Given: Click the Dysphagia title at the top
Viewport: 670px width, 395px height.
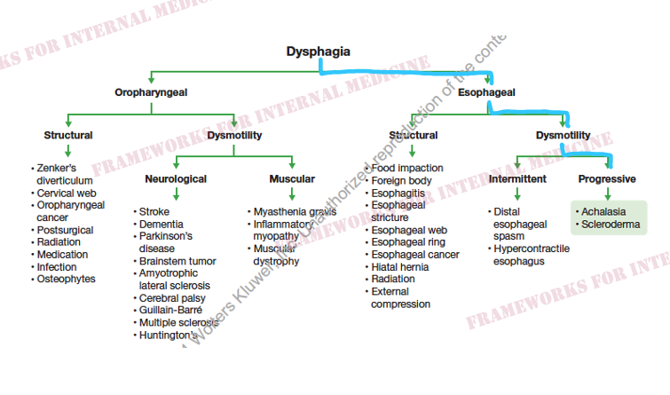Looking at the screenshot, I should point(318,52).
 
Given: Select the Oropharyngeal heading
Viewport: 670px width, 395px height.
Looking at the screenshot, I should point(151,91).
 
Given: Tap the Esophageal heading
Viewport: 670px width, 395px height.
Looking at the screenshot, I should point(486,91).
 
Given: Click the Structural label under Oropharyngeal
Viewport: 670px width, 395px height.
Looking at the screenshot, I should point(68,136).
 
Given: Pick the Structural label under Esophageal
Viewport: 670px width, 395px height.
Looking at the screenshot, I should point(413,136).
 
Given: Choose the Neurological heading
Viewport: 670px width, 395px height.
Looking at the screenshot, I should point(176,179).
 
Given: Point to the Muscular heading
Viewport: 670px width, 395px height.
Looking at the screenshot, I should point(292,179).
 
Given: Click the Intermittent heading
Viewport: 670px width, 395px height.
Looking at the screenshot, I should point(518,179).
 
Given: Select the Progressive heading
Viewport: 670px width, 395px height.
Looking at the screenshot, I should point(607,179).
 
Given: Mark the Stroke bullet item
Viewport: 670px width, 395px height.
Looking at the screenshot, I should point(154,212).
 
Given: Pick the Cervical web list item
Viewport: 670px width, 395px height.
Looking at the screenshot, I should point(66,193).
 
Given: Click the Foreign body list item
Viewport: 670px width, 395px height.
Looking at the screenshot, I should point(402,180).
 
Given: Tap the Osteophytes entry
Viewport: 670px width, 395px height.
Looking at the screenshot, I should point(66,279).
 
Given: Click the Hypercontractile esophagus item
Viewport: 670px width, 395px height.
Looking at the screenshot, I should point(531,255).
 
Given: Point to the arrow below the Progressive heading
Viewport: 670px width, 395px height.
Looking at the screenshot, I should point(607,194).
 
